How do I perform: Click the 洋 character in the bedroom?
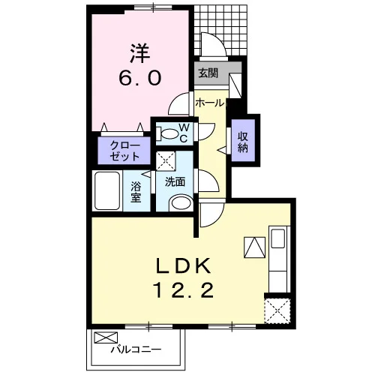(x=139, y=53)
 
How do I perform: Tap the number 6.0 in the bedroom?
(x=139, y=77)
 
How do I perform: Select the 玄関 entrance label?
(x=208, y=73)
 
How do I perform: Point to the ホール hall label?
(x=209, y=103)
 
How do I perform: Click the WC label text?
(x=184, y=133)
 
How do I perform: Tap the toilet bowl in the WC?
(x=166, y=133)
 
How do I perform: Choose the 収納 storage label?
(x=243, y=142)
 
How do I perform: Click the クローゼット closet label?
(x=125, y=151)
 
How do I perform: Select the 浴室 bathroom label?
(x=136, y=192)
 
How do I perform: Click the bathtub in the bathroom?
(x=107, y=190)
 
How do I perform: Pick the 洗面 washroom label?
(x=175, y=181)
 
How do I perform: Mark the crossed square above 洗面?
(x=166, y=161)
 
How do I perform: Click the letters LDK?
(x=183, y=266)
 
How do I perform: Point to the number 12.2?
(x=184, y=290)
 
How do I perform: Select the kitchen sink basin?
(x=278, y=238)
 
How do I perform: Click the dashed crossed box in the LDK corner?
(x=277, y=311)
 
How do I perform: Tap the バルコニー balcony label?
(x=136, y=349)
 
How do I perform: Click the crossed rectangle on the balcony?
(x=106, y=337)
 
